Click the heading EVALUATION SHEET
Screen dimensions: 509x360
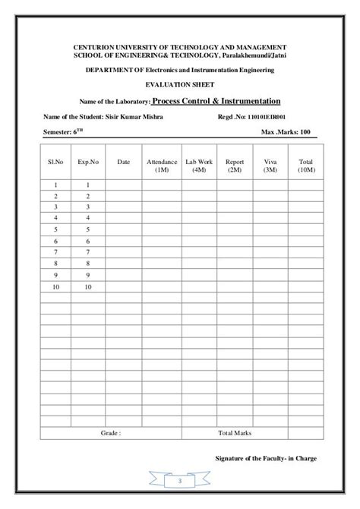coord(179,84)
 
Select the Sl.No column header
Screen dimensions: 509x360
coord(56,162)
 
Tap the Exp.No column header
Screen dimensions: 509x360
coord(88,162)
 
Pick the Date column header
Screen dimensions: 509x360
coord(123,162)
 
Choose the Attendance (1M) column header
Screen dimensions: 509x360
coord(161,166)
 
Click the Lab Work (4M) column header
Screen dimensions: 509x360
coord(199,166)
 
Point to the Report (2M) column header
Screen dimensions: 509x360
coord(235,166)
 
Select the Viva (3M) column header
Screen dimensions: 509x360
coord(270,166)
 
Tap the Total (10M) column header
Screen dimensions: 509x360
coord(305,166)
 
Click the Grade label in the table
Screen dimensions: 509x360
coord(111,433)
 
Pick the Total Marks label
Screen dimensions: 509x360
coord(235,433)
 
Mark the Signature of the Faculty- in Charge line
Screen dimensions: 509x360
coord(266,458)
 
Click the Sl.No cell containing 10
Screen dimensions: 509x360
coord(56,287)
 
